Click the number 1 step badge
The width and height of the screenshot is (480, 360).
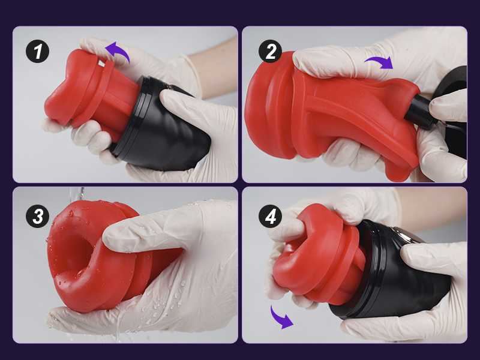pyautogui.click(x=37, y=52)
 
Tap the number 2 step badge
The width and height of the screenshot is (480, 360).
pyautogui.click(x=271, y=52)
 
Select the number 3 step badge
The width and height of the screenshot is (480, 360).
pyautogui.click(x=37, y=217)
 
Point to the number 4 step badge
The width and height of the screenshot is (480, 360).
pyautogui.click(x=271, y=217)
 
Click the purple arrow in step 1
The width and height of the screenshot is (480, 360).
pyautogui.click(x=119, y=50)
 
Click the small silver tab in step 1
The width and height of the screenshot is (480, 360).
pyautogui.click(x=101, y=64)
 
